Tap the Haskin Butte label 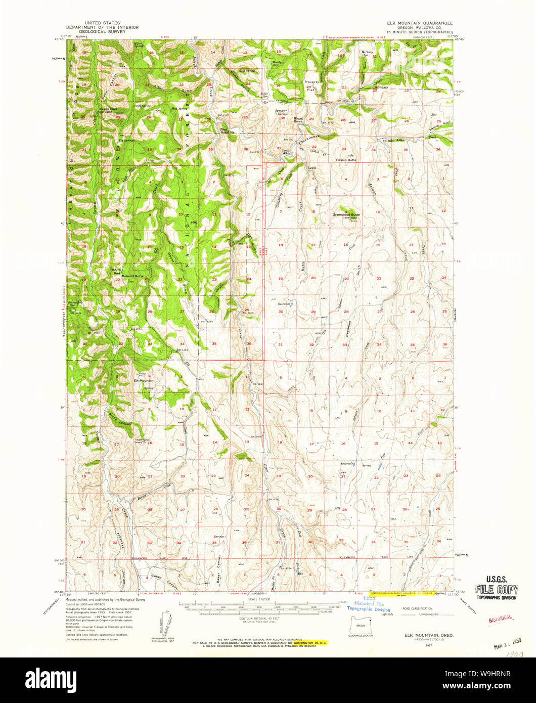[346, 160]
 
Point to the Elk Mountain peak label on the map [144, 380]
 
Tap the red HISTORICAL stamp [500, 619]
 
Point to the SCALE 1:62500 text [258, 599]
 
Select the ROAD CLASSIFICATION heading [417, 608]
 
